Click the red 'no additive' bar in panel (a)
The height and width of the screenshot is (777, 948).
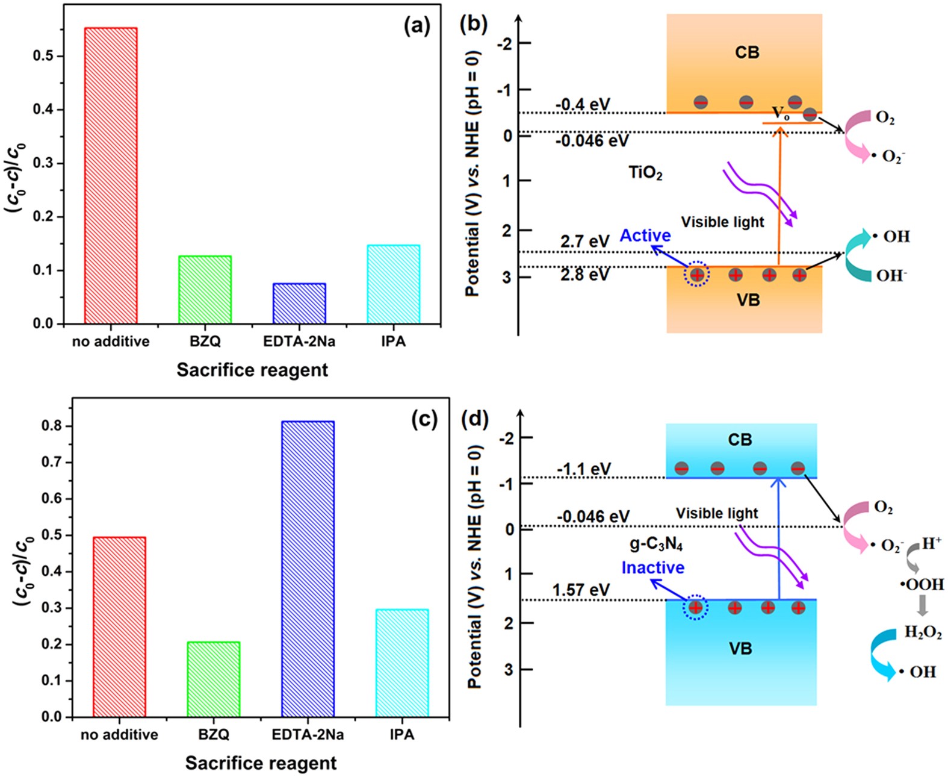111,175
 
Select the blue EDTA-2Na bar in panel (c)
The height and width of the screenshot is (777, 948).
308,569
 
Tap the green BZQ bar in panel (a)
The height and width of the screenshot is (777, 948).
205,290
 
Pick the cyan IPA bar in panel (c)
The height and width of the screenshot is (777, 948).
402,663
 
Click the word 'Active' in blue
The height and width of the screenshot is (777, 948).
645,236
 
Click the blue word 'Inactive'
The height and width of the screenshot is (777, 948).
653,567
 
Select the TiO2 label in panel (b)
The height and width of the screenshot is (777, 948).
645,173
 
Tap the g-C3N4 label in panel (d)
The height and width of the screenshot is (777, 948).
656,545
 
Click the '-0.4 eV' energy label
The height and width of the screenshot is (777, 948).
583,105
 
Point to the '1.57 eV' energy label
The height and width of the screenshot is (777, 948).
581,590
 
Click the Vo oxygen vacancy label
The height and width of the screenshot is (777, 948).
781,113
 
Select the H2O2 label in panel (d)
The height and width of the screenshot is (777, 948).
923,633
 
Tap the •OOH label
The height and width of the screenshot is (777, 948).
922,584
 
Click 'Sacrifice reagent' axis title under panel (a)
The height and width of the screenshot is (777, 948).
252,369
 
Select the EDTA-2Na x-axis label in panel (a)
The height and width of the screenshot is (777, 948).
299,342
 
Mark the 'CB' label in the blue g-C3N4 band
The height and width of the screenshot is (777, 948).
740,440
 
